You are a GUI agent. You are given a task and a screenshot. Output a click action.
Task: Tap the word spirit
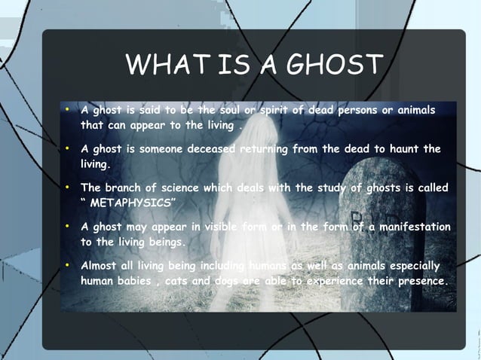click(277, 110)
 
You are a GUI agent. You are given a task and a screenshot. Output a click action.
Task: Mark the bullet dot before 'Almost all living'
click(68, 266)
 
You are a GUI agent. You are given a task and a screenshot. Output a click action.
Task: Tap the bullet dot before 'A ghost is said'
click(68, 110)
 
